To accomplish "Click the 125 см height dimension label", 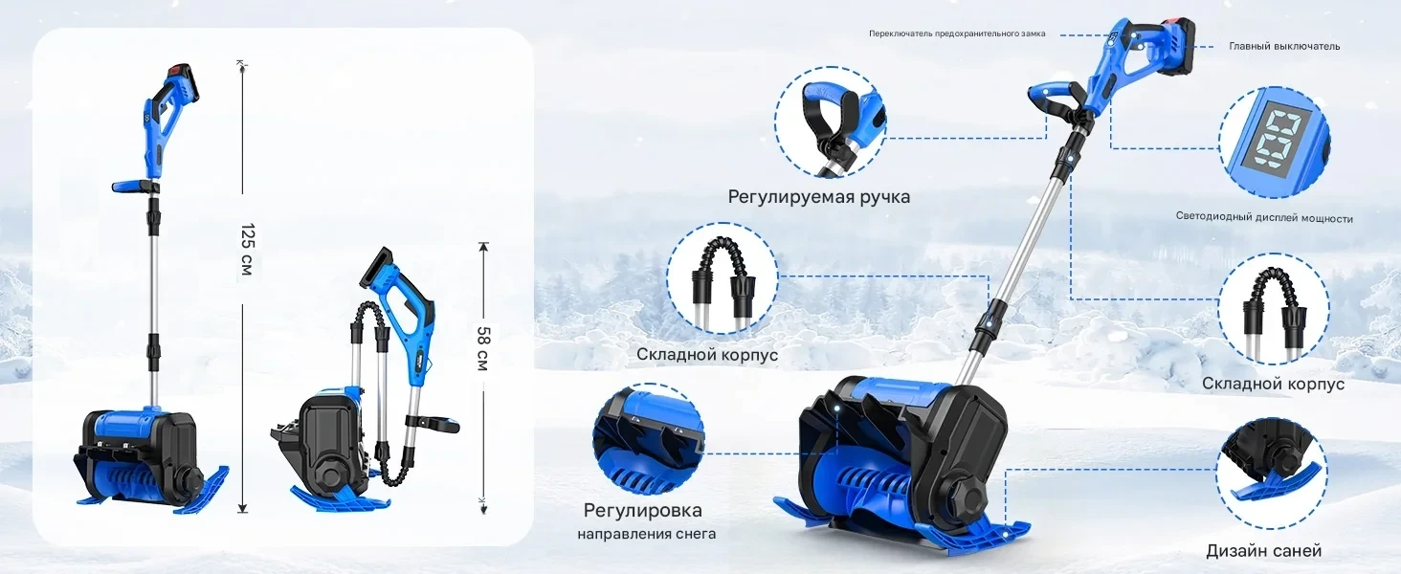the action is [248, 250].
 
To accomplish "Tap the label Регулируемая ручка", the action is [819, 197].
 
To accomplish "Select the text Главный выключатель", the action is [1284, 46].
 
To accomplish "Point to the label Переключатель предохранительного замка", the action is [957, 33].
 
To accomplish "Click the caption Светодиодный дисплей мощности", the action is [1264, 217].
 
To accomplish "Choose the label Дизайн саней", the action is [1264, 551].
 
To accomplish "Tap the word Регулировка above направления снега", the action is [643, 510].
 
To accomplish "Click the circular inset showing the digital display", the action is [1274, 143].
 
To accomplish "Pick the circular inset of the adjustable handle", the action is [831, 121].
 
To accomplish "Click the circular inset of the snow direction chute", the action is [649, 439].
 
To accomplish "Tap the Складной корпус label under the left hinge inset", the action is [707, 355].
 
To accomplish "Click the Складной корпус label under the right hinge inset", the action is [1274, 384].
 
